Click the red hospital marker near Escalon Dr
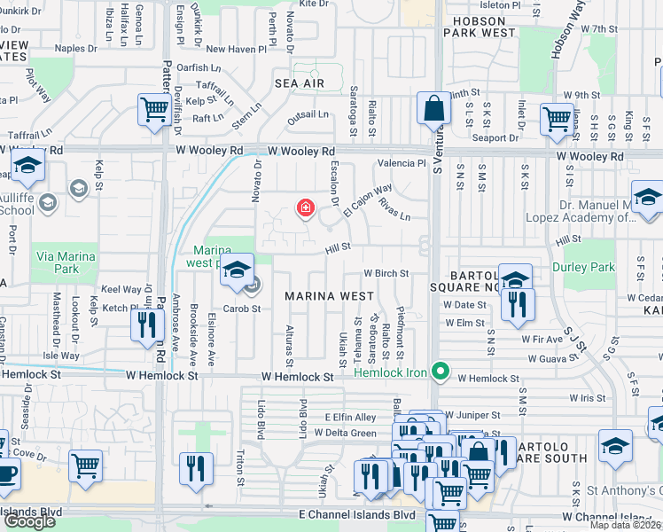pos(305,208)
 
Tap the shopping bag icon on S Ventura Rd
pos(434,109)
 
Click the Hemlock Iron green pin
pos(437,371)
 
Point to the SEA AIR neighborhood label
pos(299,83)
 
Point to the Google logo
pos(29,521)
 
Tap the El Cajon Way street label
pos(368,201)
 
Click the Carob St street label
pos(242,309)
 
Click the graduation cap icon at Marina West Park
pos(237,270)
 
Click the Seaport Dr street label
pos(496,137)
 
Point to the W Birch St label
pos(386,274)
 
